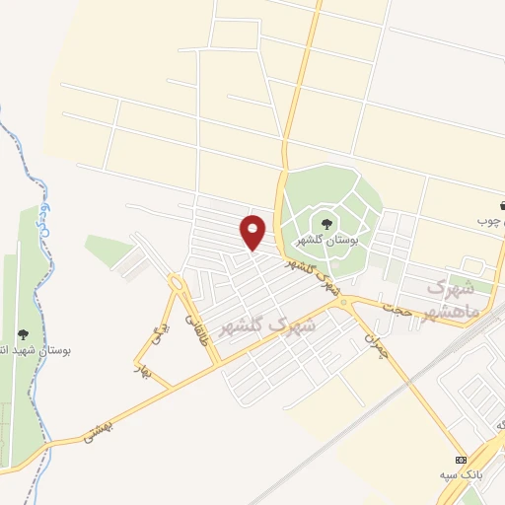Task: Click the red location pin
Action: point(253,232)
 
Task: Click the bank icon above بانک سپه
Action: point(461,461)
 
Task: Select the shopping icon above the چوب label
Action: point(504,206)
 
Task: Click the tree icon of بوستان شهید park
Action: point(23,334)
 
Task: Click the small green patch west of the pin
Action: point(108,250)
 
